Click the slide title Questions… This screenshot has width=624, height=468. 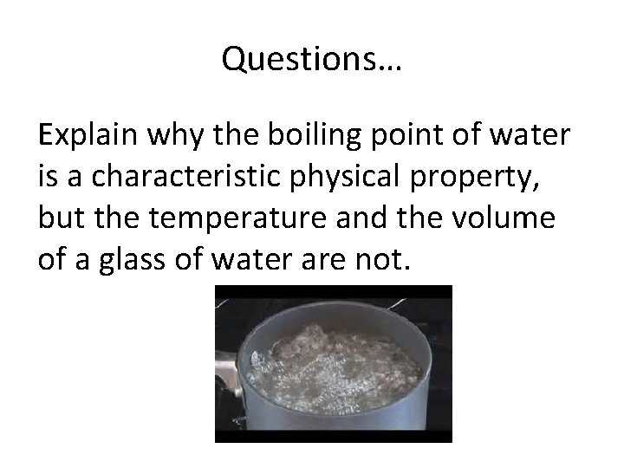[x=312, y=59]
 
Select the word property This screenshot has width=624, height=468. [x=494, y=177]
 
